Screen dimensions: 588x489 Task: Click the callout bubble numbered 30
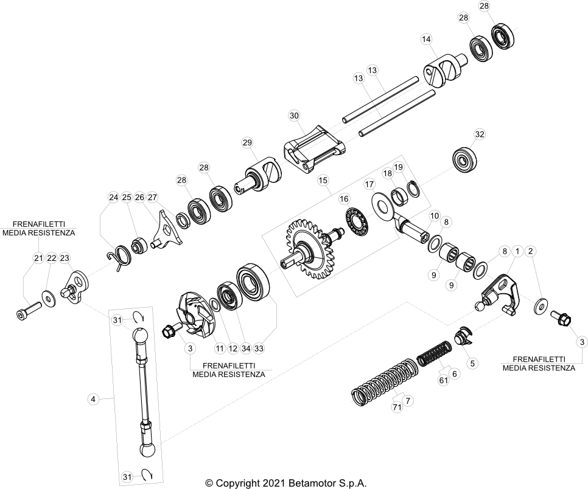tap(295, 116)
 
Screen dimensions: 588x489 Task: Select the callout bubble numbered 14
tap(426, 39)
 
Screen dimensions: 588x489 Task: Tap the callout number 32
tap(480, 134)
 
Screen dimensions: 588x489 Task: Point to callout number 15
tap(323, 180)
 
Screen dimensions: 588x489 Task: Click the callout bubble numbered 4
tap(93, 400)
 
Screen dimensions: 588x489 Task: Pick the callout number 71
tap(397, 407)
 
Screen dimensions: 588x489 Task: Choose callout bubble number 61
tap(444, 380)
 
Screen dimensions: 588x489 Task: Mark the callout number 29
tap(247, 142)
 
